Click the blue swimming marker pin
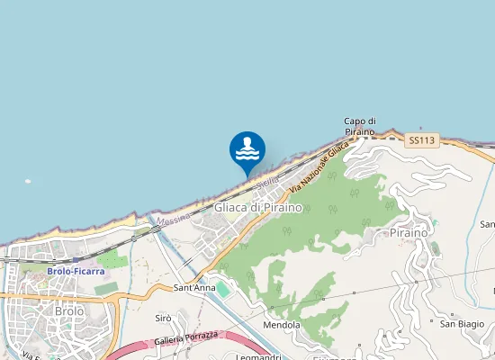(247, 150)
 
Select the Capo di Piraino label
(359, 127)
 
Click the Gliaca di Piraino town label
(258, 208)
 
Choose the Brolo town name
(69, 311)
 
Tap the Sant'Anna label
(194, 288)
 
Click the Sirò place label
(163, 319)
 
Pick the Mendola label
(282, 325)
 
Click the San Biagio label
(462, 323)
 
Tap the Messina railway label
(173, 219)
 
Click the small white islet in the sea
(28, 181)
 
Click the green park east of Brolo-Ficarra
(112, 259)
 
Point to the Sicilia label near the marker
(266, 182)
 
